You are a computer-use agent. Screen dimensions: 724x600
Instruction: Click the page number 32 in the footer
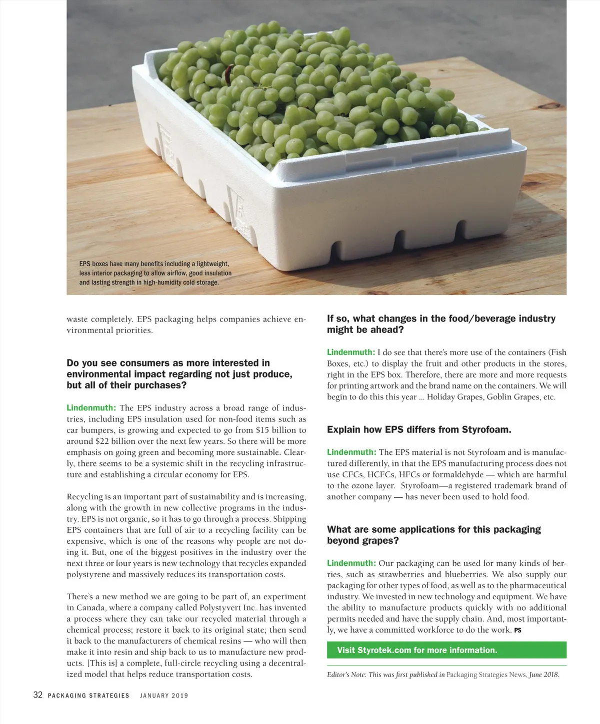pos(37,695)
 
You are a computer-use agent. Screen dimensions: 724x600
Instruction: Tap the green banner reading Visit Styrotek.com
pos(446,650)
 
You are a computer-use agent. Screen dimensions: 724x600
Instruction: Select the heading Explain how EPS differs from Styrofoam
pos(419,430)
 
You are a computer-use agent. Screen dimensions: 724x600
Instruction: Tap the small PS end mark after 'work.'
pos(517,631)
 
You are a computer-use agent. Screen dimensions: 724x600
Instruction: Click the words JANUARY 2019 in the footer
pos(164,696)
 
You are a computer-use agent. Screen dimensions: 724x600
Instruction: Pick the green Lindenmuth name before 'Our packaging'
pos(351,563)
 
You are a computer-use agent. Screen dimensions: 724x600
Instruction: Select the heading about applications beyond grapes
pos(433,535)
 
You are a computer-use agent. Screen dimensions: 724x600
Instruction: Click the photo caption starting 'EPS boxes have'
pos(155,273)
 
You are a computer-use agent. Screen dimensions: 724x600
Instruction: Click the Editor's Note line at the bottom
pos(443,675)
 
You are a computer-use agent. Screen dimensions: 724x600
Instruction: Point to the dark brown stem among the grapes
pos(229,74)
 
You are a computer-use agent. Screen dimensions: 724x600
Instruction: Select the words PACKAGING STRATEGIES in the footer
pos(88,696)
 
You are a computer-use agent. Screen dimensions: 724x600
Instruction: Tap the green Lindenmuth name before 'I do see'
pos(351,353)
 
